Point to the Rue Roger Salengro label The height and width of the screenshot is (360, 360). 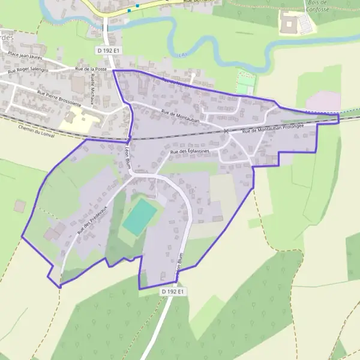(28, 70)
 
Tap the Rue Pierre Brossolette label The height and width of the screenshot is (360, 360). (59, 98)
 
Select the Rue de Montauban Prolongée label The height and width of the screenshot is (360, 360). (273, 128)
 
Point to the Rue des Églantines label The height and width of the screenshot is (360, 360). (190, 152)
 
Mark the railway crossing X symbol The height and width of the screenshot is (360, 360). (226, 131)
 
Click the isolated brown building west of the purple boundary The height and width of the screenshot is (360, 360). (20, 206)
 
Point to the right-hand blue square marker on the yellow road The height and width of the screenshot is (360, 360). (137, 6)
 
